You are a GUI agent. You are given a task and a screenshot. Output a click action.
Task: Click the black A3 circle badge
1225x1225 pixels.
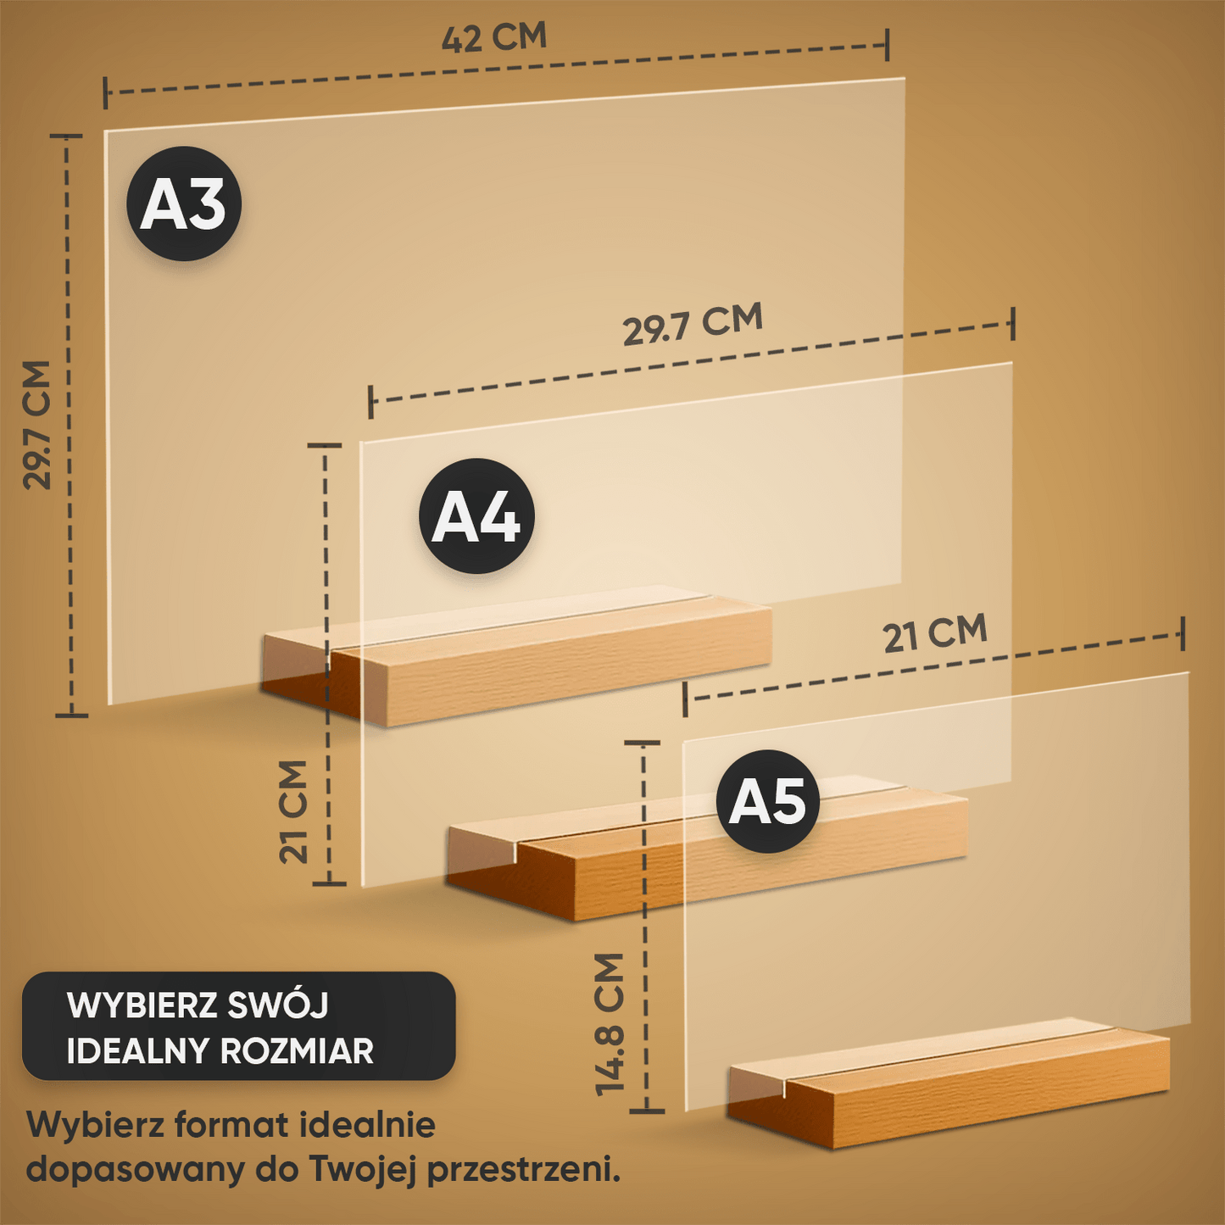pyautogui.click(x=184, y=204)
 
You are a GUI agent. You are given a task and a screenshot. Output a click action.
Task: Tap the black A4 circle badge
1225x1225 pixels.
pyautogui.click(x=476, y=516)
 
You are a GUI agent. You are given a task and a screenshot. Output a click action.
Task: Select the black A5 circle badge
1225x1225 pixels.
pyautogui.click(x=767, y=801)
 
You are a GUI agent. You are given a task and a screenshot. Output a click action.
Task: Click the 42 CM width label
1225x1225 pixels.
pyautogui.click(x=494, y=38)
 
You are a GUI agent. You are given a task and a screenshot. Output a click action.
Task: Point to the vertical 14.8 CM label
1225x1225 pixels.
pyautogui.click(x=610, y=1024)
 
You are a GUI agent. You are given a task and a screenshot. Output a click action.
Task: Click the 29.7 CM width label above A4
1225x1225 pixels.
pyautogui.click(x=693, y=324)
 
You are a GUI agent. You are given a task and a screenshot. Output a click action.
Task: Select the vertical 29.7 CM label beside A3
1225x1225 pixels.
pyautogui.click(x=37, y=425)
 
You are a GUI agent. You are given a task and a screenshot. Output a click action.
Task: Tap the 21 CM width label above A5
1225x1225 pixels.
pyautogui.click(x=935, y=633)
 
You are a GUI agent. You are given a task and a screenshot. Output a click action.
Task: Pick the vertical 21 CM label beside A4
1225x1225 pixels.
pyautogui.click(x=293, y=811)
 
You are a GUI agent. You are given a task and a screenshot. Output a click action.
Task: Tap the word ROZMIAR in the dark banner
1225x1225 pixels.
pyautogui.click(x=296, y=1051)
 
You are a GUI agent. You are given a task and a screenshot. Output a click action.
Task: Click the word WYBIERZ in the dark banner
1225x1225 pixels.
pyautogui.click(x=142, y=1005)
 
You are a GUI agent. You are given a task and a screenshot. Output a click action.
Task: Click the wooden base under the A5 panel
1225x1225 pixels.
pyautogui.click(x=949, y=1094)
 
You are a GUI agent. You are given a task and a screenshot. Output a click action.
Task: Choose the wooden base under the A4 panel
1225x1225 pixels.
pyautogui.click(x=704, y=856)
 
